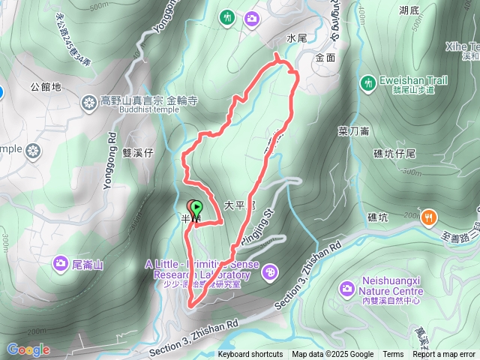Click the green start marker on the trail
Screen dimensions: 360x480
197,208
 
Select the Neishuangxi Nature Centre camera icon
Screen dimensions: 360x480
346,287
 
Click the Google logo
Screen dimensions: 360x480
28,349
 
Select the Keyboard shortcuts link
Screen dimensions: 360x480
250,355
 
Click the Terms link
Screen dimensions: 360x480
393,355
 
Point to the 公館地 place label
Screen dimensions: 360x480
47,87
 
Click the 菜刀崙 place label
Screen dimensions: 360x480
353,130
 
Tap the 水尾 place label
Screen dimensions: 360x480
298,37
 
